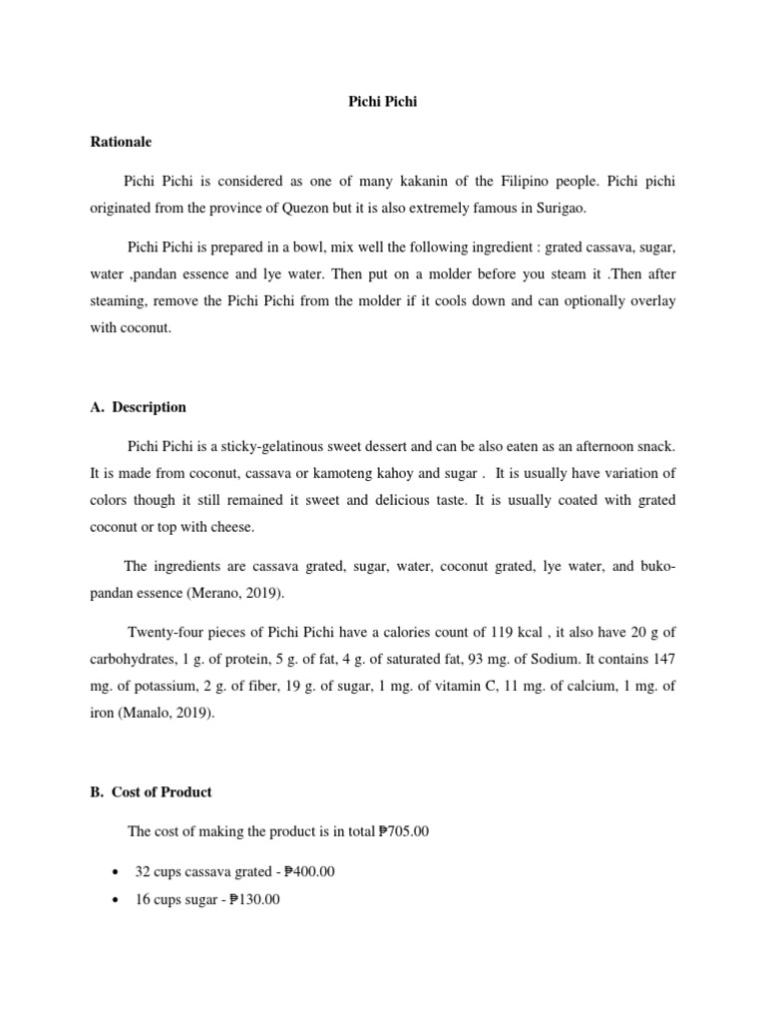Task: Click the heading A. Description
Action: coord(138,407)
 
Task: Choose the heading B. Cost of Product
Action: coord(151,792)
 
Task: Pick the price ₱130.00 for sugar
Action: coord(254,899)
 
